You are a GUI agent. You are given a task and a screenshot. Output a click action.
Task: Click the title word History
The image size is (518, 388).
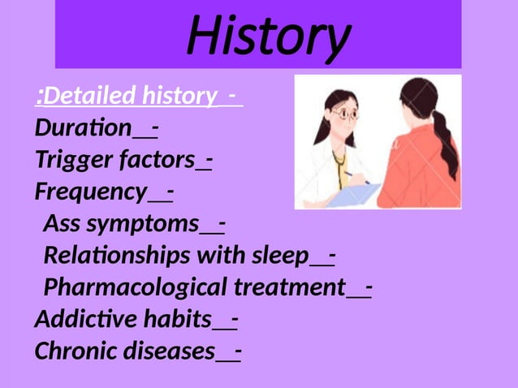click(268, 36)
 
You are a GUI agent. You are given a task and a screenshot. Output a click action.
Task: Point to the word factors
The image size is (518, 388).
click(158, 160)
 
